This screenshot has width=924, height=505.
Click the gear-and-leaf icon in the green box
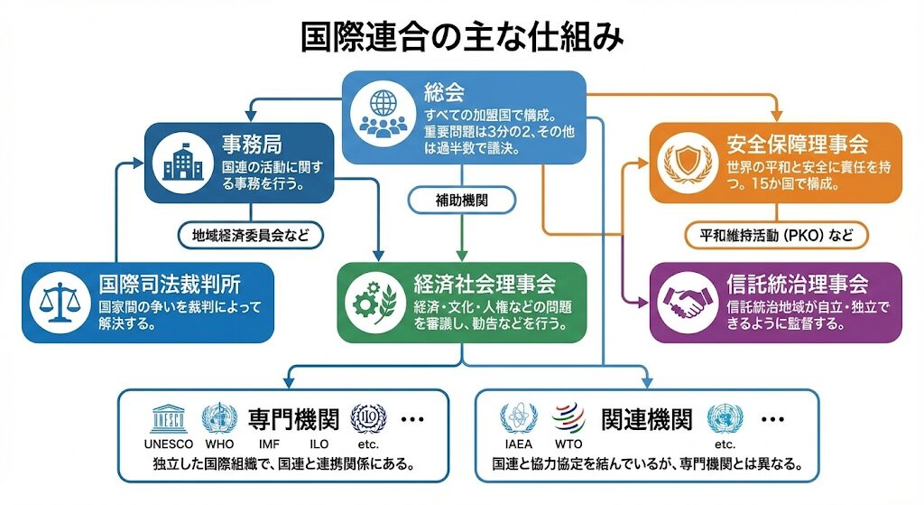click(374, 300)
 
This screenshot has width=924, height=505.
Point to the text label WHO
click(219, 444)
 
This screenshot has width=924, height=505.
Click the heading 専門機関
click(293, 419)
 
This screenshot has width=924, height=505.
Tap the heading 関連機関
click(647, 419)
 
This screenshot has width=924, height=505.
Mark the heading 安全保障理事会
click(797, 143)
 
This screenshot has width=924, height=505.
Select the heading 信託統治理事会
click(797, 283)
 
